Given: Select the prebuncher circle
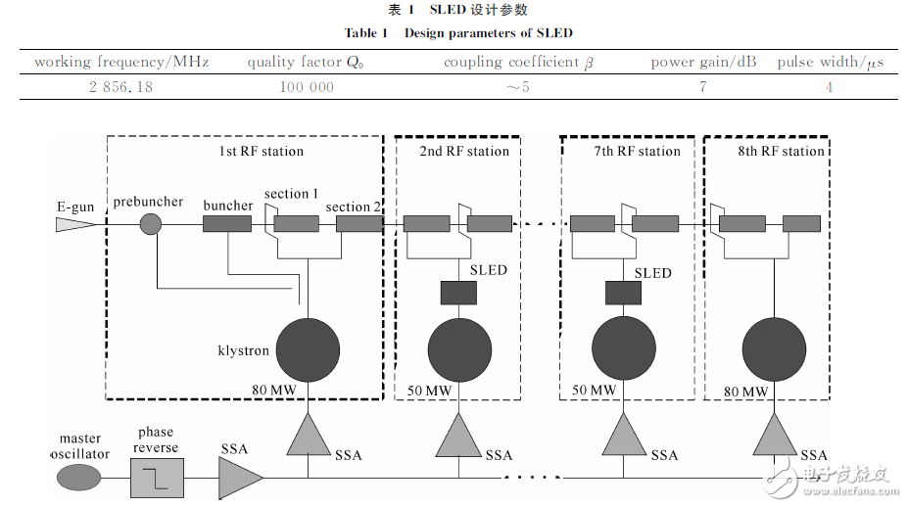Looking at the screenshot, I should tap(150, 224).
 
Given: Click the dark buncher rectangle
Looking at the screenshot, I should tap(227, 224).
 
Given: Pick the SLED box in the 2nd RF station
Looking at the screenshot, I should tap(458, 292).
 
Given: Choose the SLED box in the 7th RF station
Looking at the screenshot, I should tap(623, 292).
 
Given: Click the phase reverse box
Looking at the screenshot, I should tap(156, 479).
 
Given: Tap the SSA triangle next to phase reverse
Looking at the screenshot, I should tap(238, 479).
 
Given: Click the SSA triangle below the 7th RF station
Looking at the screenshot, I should tap(623, 436).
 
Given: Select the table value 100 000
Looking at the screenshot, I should tap(306, 87).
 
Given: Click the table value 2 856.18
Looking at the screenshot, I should tap(120, 87).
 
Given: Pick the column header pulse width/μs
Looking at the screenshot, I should tap(830, 62).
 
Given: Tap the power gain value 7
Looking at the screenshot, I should tap(702, 87).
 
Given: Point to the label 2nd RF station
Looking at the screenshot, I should tap(464, 151).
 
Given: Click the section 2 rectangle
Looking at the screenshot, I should tap(358, 224).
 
